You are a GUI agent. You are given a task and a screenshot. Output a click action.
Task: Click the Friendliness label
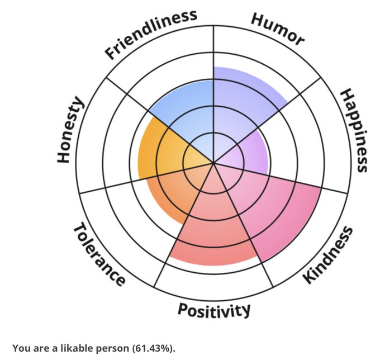pyautogui.click(x=151, y=34)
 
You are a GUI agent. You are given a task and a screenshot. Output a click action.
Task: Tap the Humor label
pyautogui.click(x=278, y=29)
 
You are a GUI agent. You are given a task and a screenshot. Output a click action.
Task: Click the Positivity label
pyautogui.click(x=214, y=310)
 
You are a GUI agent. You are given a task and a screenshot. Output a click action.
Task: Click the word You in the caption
pyautogui.click(x=20, y=348)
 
